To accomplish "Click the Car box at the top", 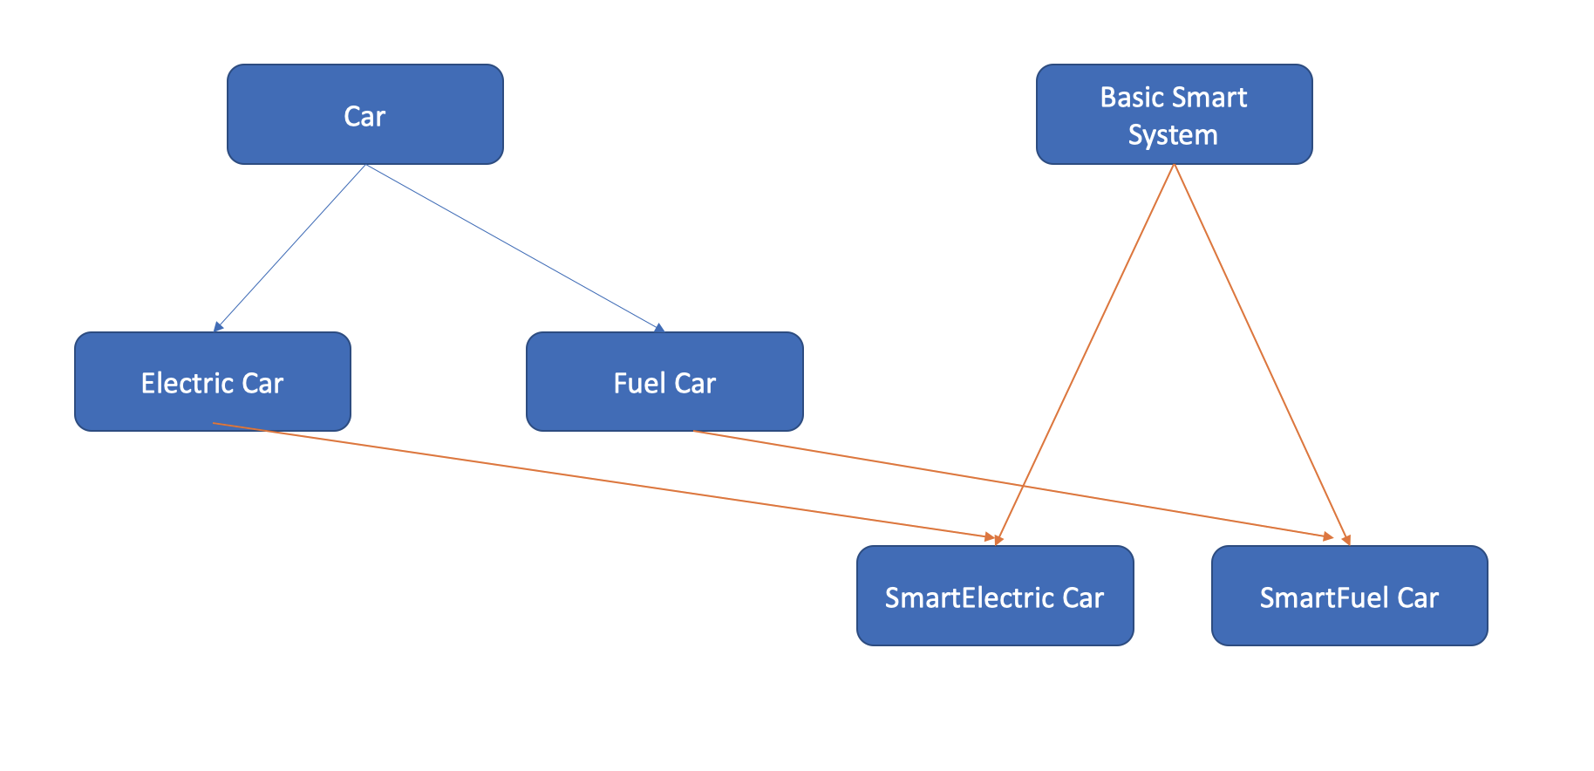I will pos(365,114).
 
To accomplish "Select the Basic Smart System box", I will pos(1174,114).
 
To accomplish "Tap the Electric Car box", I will pos(213,382).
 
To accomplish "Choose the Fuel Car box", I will pos(664,382).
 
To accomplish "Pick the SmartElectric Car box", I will pos(995,597).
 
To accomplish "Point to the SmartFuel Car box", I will pos(1349,597).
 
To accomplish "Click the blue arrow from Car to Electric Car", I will pos(290,247).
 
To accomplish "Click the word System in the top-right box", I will pos(1173,135).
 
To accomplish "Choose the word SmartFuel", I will pos(1325,597).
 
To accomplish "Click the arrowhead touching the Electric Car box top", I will pos(218,327).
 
